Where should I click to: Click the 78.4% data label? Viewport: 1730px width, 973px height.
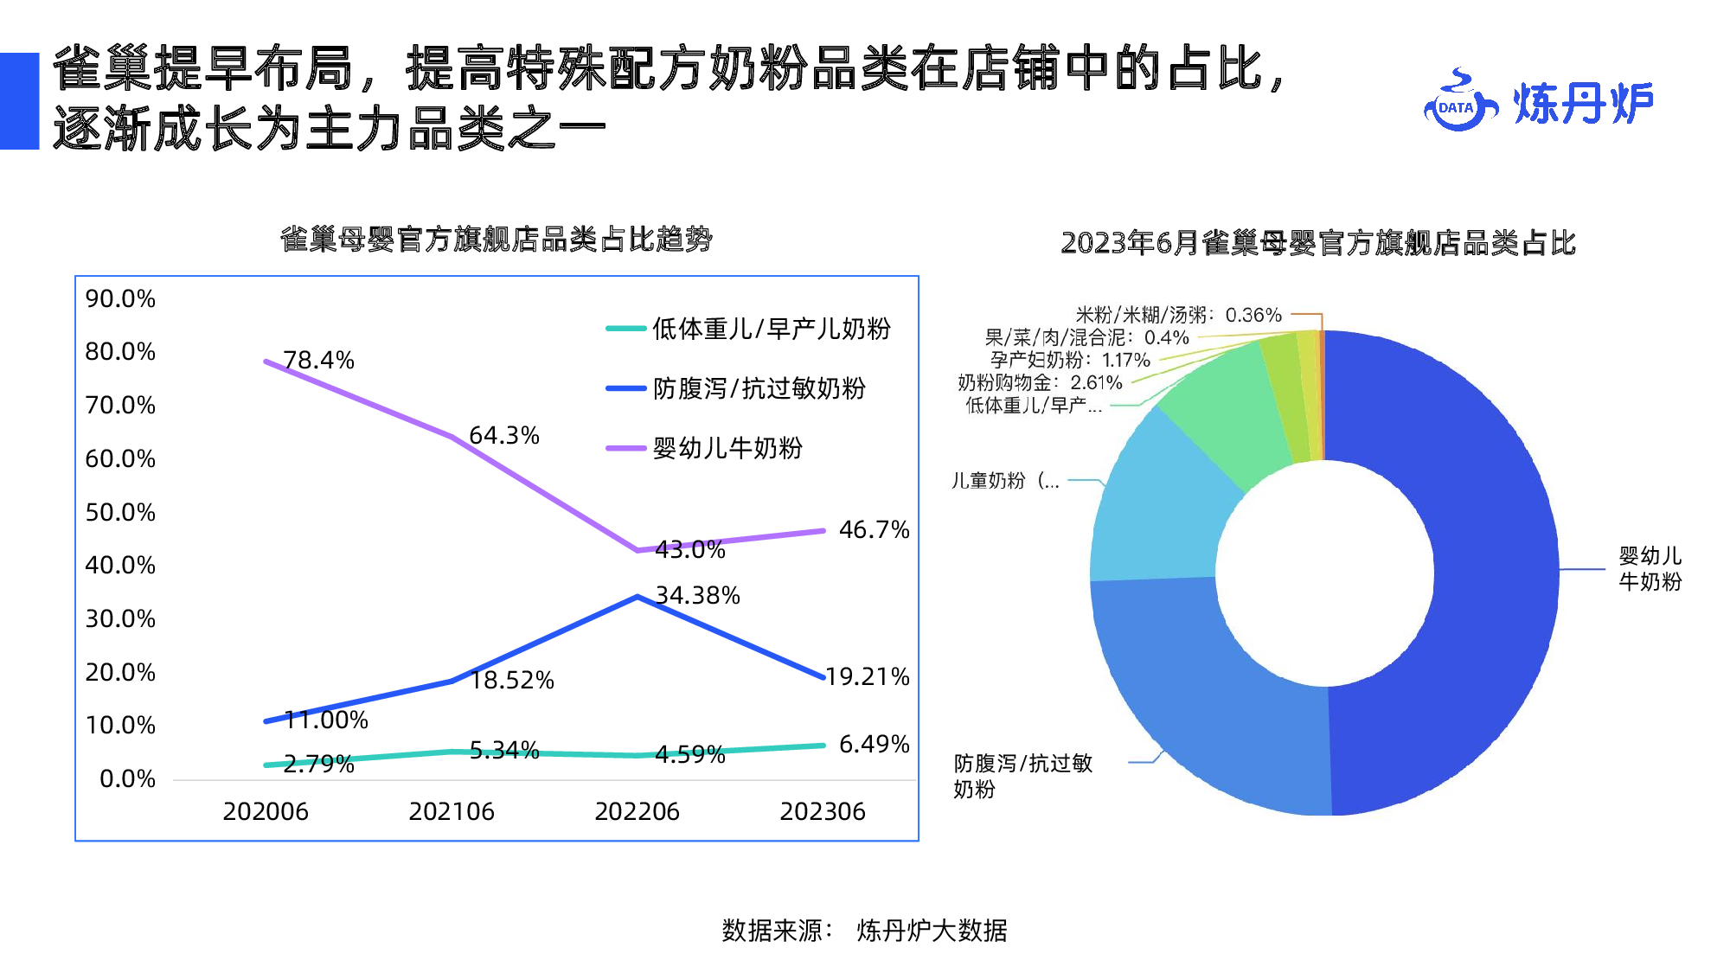tap(318, 360)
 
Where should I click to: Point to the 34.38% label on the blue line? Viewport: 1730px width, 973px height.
tap(697, 595)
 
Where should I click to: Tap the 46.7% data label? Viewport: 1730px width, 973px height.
tap(874, 529)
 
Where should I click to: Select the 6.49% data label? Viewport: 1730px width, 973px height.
tap(874, 744)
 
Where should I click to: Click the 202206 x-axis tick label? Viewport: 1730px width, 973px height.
tap(637, 811)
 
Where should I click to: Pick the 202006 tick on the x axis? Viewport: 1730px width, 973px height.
tap(266, 811)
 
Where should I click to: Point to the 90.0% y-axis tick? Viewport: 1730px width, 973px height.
tap(120, 299)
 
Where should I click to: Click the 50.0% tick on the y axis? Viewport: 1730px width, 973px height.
tap(120, 512)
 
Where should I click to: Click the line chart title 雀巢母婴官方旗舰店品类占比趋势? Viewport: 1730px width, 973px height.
tap(497, 240)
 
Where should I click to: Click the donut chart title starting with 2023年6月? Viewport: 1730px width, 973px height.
tap(1318, 243)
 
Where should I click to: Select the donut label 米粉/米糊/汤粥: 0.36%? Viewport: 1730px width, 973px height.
tap(1178, 315)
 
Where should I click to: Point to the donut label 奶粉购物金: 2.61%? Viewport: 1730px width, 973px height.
tap(1039, 382)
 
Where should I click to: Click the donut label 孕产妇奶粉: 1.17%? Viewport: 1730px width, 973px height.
tap(1070, 360)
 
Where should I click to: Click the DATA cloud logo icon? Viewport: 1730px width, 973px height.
tap(1459, 104)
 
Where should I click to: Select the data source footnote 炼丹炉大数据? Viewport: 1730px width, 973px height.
tap(931, 931)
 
